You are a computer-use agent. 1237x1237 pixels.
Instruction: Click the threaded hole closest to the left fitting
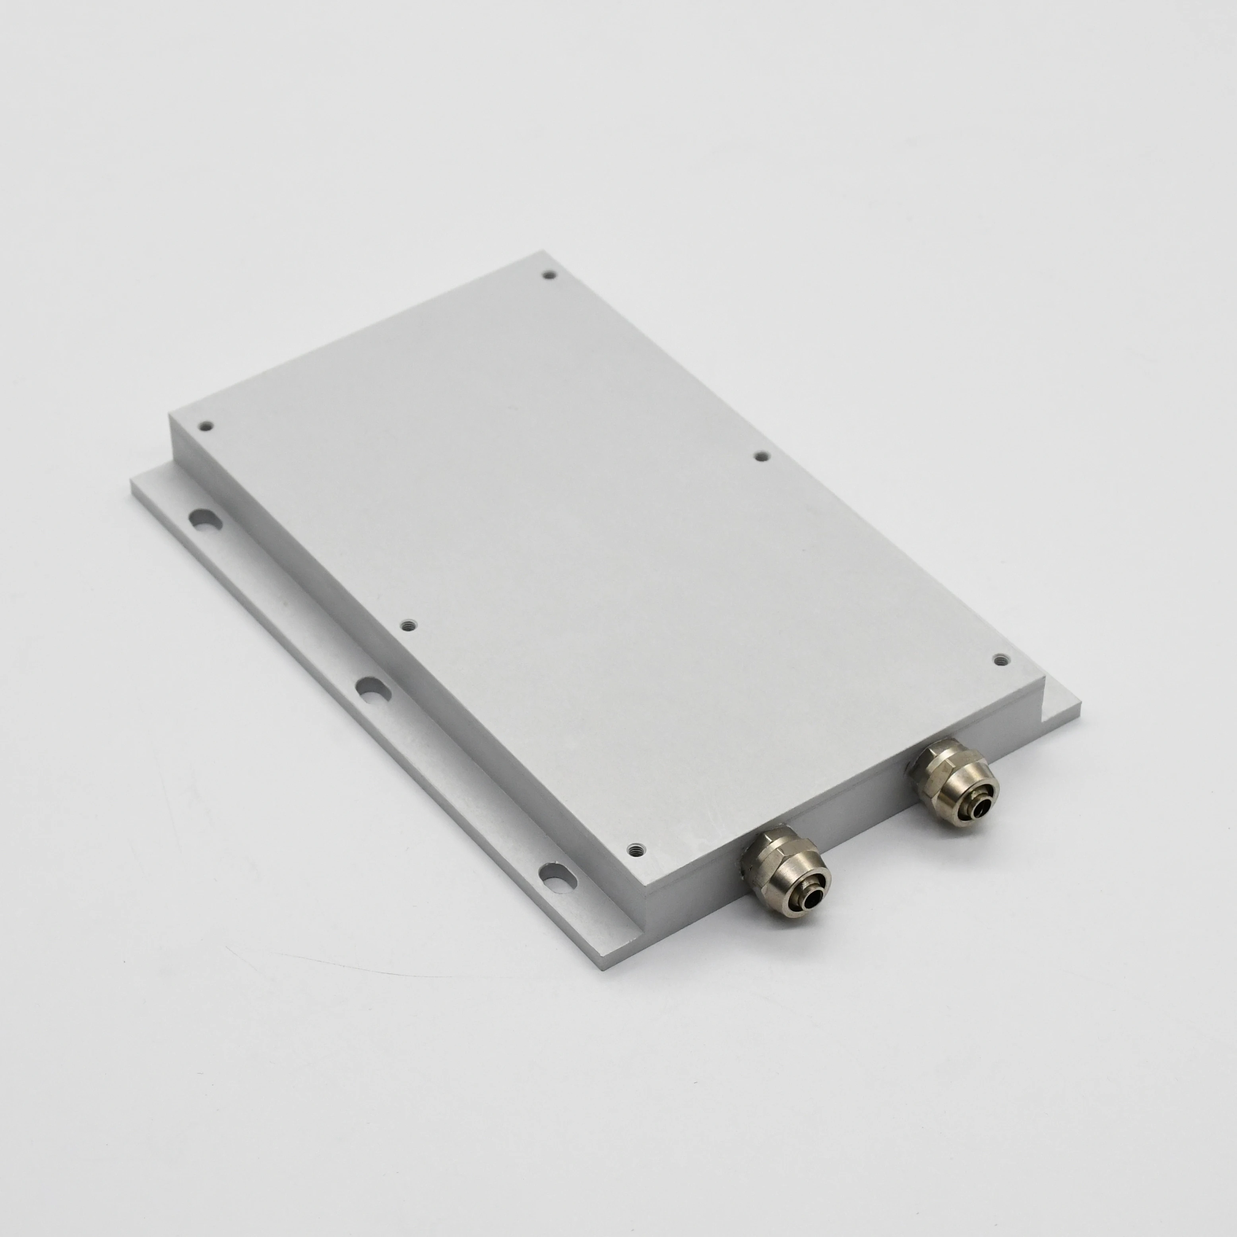coord(634,849)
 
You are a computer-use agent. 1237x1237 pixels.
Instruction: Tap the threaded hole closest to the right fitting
coord(999,659)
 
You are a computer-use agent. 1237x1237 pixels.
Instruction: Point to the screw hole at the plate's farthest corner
coord(549,275)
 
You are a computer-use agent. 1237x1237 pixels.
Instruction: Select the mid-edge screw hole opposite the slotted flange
coord(761,456)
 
